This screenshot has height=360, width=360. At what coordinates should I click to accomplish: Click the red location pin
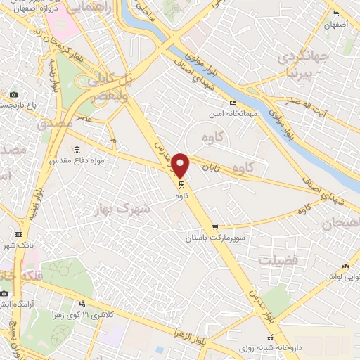click(x=181, y=165)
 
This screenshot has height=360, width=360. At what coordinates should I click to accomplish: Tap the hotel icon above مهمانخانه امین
click(x=213, y=103)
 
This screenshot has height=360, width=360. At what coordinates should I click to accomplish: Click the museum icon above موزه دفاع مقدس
click(x=76, y=150)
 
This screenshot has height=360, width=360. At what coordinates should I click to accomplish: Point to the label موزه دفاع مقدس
click(x=77, y=160)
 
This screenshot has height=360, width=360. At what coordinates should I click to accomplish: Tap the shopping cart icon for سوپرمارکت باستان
click(x=215, y=227)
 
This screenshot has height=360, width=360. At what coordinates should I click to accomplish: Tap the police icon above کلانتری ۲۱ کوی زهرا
click(x=82, y=304)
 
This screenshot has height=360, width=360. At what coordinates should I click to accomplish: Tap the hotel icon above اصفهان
click(x=335, y=14)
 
